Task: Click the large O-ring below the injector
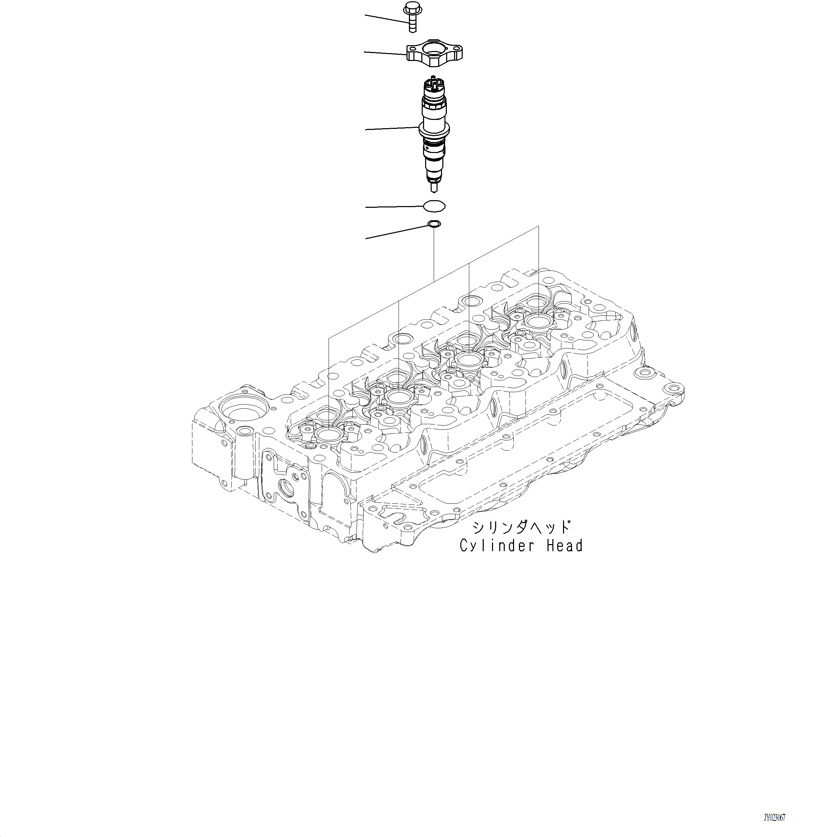tap(434, 206)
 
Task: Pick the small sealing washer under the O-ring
tap(433, 224)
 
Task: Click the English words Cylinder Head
tap(521, 546)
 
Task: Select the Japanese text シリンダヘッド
tap(521, 527)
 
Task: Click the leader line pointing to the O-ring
tap(393, 207)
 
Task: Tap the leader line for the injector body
tap(391, 128)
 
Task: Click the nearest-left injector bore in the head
tap(328, 435)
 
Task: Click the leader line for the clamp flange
tap(385, 53)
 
